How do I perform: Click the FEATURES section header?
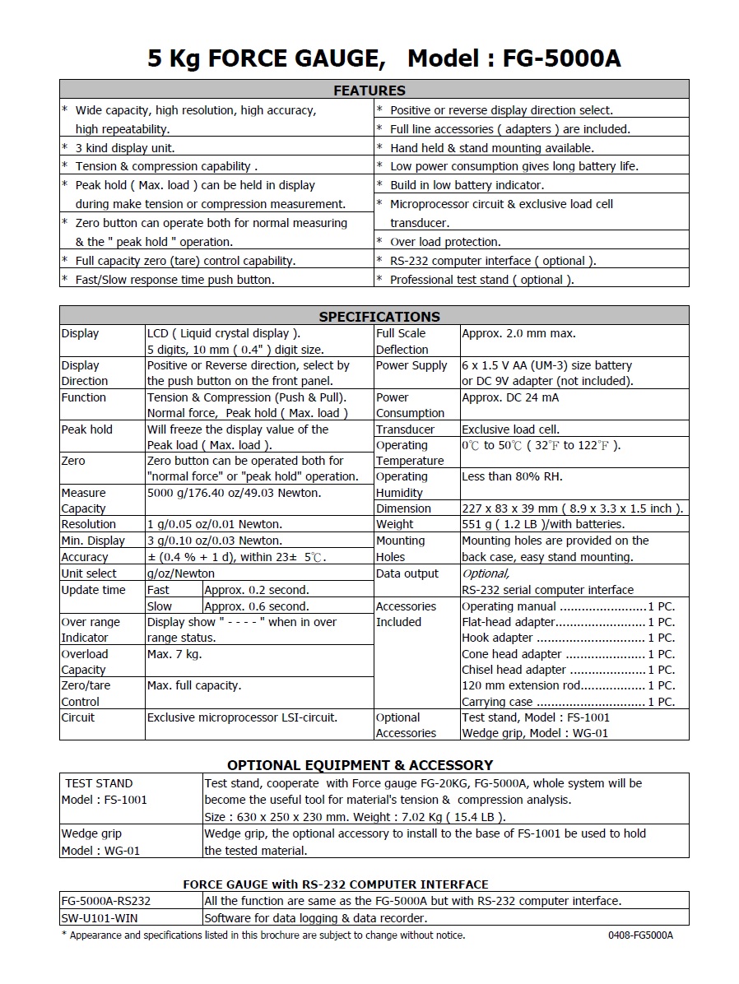point(369,90)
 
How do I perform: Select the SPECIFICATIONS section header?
point(379,316)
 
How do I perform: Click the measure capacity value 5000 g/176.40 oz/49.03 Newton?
point(234,493)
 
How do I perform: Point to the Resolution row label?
point(89,524)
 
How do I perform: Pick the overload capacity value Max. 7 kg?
point(174,654)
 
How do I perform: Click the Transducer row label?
point(405,429)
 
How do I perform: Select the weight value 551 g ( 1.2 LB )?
point(543,524)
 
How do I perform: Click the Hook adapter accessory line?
point(568,638)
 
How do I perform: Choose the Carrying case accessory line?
point(568,702)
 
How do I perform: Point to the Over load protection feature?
point(444,242)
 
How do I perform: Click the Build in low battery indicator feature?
point(467,185)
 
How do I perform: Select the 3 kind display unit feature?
point(125,148)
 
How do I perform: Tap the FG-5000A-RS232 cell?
point(106,901)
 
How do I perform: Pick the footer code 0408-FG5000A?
point(640,935)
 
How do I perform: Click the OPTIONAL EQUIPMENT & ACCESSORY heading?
point(360,764)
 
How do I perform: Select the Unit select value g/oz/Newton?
point(180,573)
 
